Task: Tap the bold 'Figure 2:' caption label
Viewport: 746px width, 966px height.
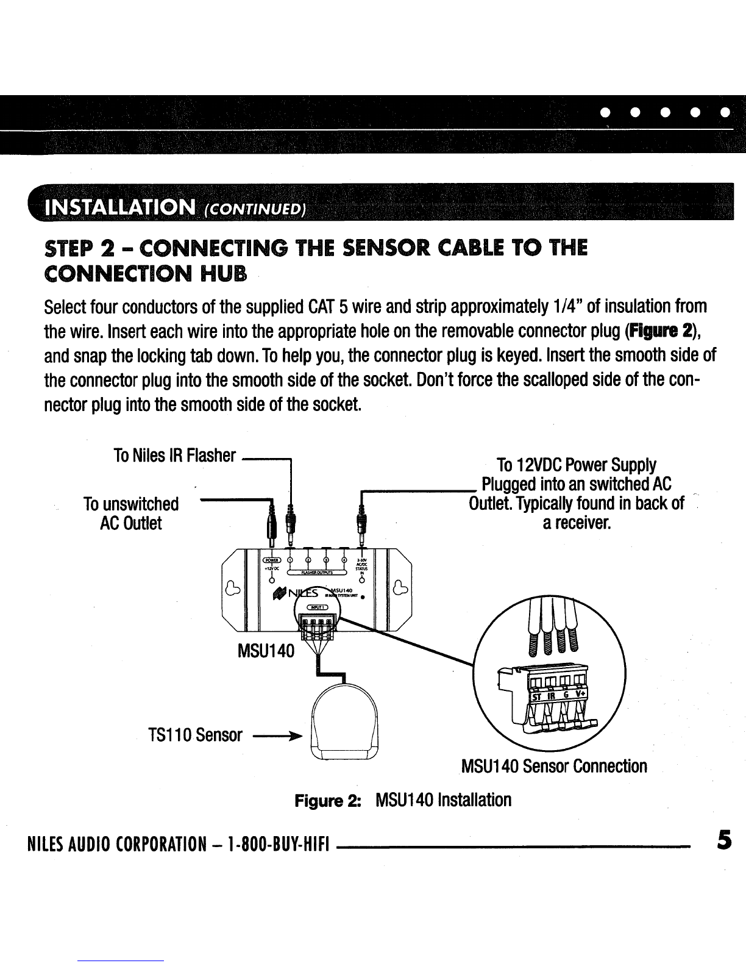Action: click(x=327, y=800)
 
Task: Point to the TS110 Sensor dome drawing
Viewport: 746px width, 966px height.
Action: click(x=345, y=726)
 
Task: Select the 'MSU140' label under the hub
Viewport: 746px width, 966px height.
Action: click(x=266, y=652)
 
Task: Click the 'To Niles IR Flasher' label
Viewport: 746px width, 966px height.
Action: click(x=174, y=456)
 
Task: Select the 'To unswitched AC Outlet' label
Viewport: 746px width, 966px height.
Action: click(x=131, y=513)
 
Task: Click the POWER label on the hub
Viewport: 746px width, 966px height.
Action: click(x=269, y=560)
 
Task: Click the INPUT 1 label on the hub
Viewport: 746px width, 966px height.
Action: click(x=318, y=606)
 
